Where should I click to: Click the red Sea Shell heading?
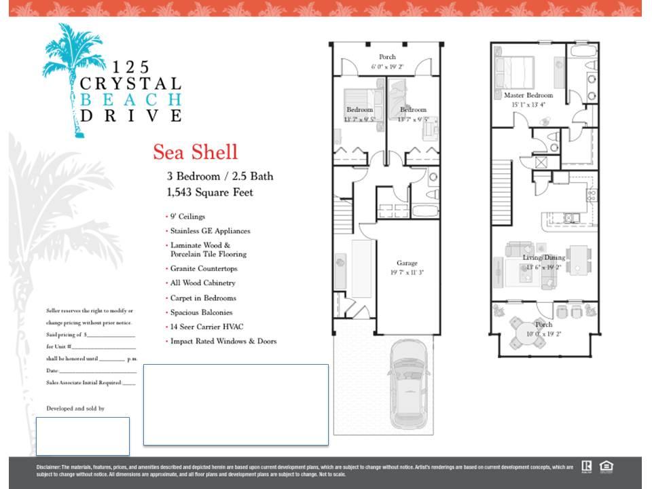(195, 151)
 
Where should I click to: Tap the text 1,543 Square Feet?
(210, 192)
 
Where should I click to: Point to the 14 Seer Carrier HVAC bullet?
(206, 327)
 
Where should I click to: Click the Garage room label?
(407, 263)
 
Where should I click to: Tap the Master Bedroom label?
(528, 96)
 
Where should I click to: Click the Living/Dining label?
(543, 258)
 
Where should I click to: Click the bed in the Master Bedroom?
(514, 72)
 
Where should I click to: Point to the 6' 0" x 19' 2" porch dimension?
(387, 67)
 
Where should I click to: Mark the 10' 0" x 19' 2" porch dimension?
(543, 333)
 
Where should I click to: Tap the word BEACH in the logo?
(130, 99)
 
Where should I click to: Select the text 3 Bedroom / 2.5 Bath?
(220, 176)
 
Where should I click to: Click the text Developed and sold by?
(75, 408)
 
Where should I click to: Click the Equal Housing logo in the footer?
(606, 466)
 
